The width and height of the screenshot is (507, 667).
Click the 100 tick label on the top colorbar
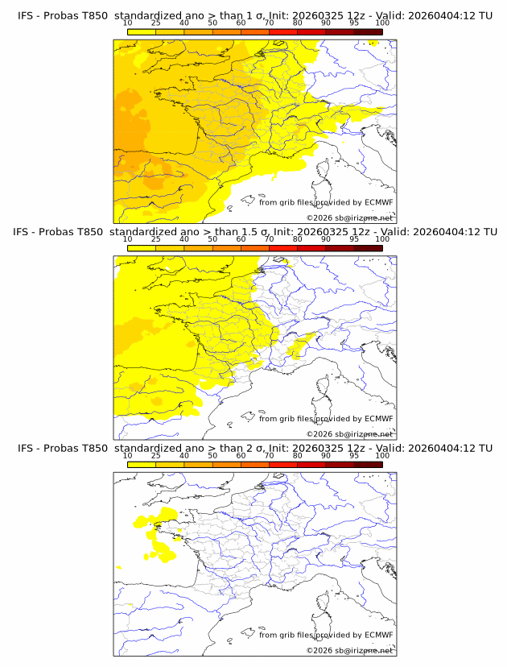[382, 23]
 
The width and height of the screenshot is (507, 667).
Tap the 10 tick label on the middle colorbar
[127, 238]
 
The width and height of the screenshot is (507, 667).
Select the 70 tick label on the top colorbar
[269, 23]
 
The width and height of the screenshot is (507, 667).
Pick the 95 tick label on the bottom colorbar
[354, 455]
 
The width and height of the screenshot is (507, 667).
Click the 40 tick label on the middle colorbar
[184, 238]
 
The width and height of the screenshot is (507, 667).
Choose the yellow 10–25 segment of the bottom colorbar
[142, 464]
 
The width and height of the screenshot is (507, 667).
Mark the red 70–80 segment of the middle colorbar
[282, 247]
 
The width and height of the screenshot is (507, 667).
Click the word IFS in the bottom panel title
[27, 448]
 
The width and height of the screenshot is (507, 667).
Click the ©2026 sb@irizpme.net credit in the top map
[349, 217]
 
